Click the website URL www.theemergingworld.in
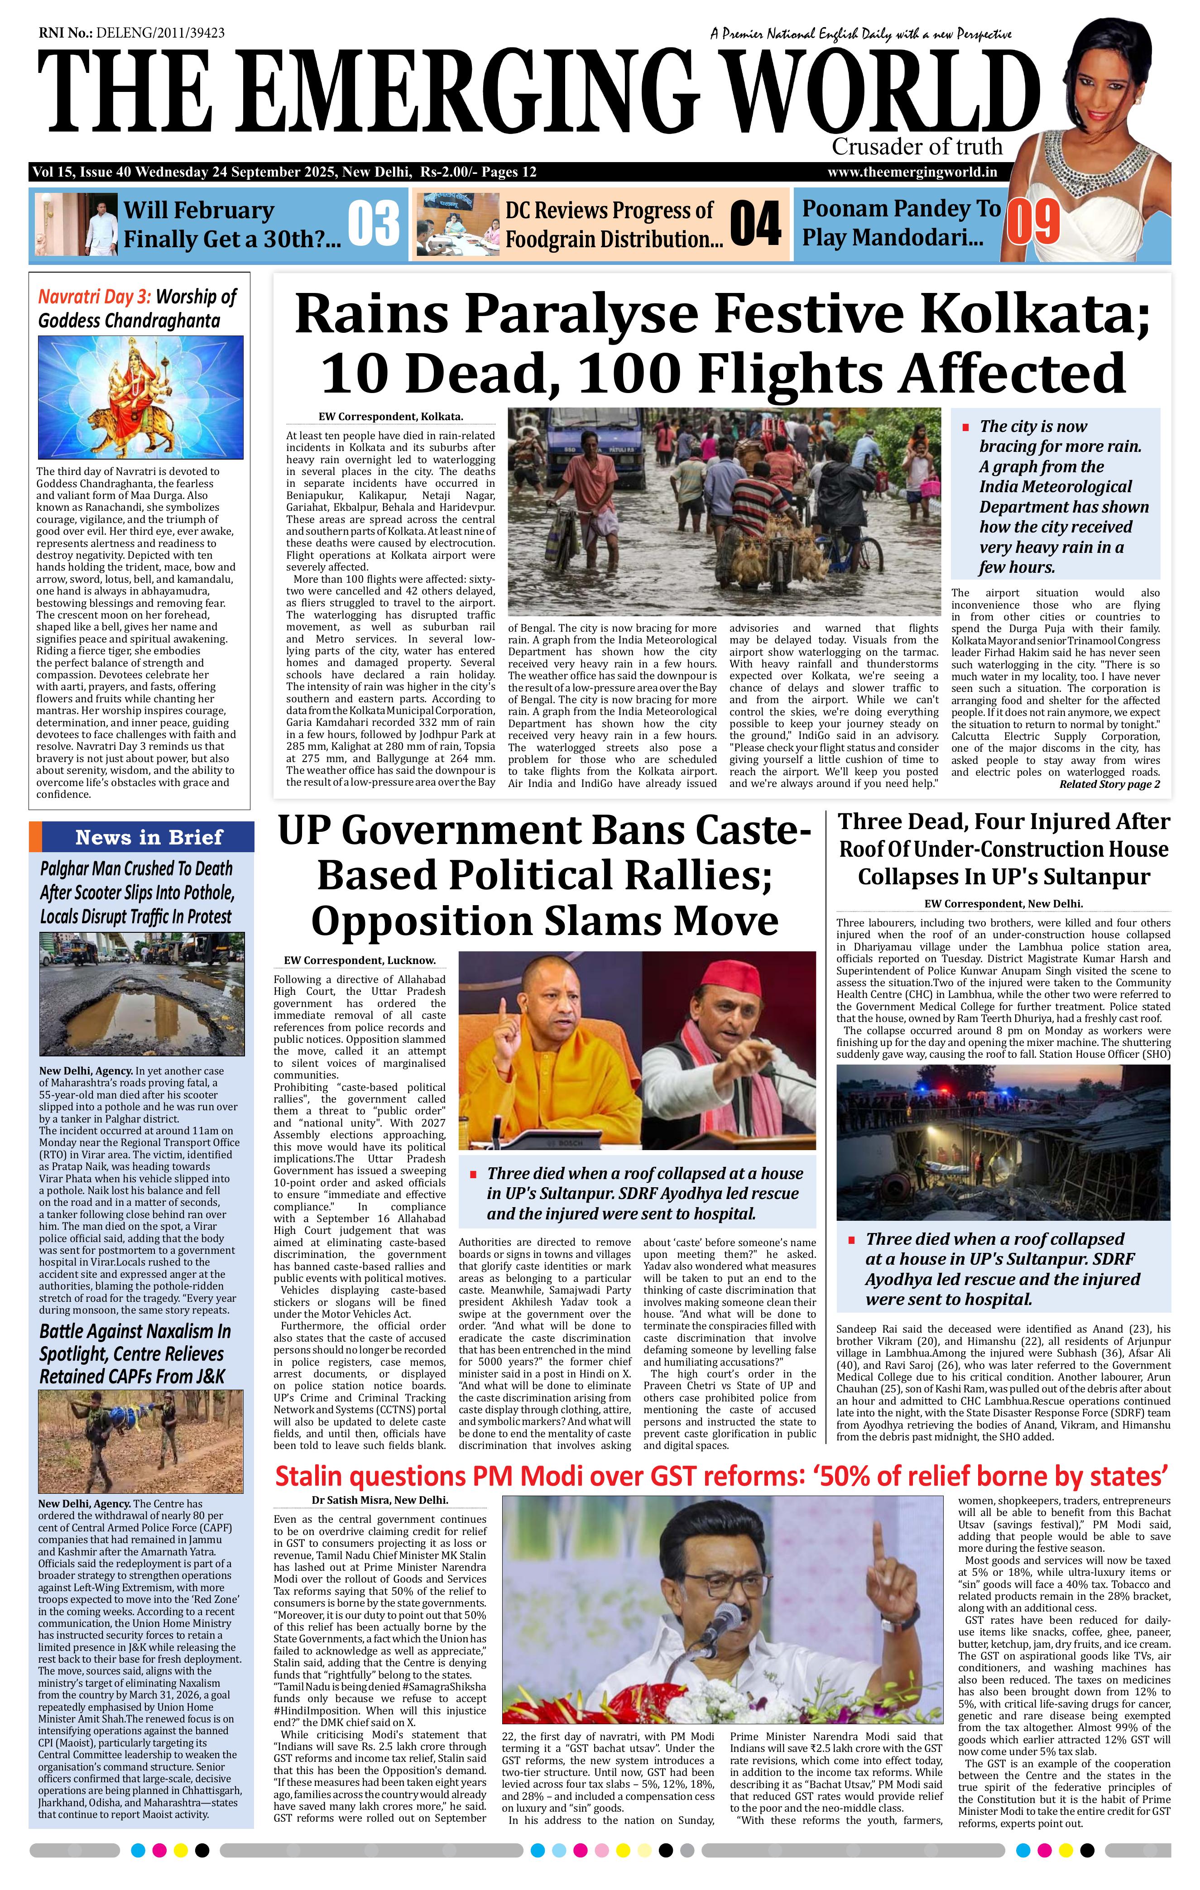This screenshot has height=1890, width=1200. pyautogui.click(x=912, y=173)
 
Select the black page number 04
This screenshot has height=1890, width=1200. pyautogui.click(x=755, y=225)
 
